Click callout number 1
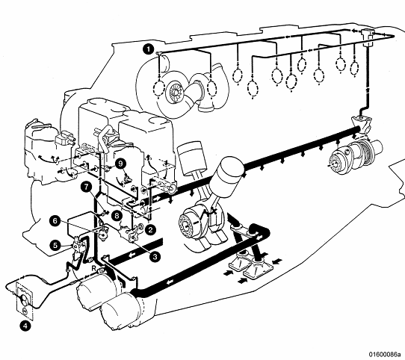[149, 49]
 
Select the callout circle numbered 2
[150, 229]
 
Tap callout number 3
[155, 257]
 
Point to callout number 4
[25, 326]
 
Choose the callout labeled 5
[55, 245]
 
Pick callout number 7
[86, 187]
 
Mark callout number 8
[117, 215]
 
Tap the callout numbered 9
[120, 164]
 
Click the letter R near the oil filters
[93, 269]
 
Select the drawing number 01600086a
[386, 354]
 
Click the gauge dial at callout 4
[24, 300]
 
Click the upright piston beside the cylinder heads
[191, 157]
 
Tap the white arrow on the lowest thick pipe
[170, 282]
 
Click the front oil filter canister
[121, 312]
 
